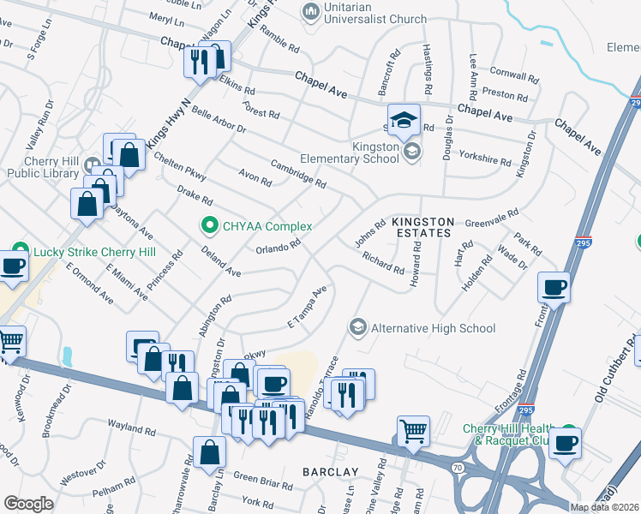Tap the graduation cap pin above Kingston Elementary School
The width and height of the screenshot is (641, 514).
pos(404,122)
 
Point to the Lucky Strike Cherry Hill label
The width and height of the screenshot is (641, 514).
pos(94,252)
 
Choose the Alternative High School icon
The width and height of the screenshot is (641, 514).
pos(357,327)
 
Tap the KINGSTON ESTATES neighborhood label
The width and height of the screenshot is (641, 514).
pos(421,227)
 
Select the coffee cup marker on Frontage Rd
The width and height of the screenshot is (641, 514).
pos(554,287)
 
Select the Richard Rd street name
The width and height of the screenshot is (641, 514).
pos(382,262)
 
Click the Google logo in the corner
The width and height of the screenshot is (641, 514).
pos(28,504)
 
